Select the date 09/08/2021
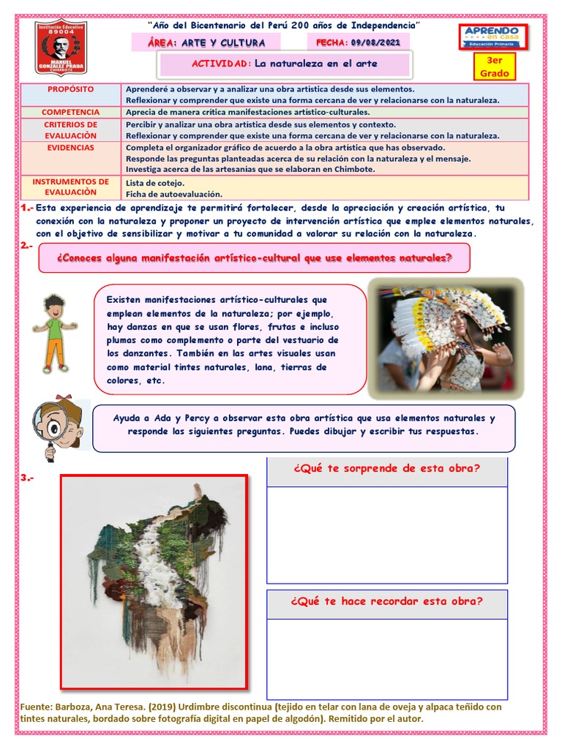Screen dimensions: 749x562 (x=376, y=43)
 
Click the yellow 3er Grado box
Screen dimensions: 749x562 (x=494, y=67)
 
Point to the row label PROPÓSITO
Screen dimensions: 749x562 (x=71, y=89)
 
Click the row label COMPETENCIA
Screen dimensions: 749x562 (x=71, y=113)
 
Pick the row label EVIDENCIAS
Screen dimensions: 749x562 (x=71, y=148)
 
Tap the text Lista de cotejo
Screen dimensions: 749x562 (x=155, y=182)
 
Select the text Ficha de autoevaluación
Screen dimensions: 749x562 (x=173, y=194)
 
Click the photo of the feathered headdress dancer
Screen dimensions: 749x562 (x=446, y=338)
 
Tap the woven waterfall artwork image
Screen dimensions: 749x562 (x=154, y=582)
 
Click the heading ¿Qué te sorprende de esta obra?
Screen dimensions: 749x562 (x=386, y=469)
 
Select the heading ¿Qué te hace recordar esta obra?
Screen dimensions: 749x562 (x=386, y=601)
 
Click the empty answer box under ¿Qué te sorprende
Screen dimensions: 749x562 (x=386, y=535)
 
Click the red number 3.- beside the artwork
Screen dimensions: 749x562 (x=28, y=478)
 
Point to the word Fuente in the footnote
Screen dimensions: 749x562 (x=37, y=707)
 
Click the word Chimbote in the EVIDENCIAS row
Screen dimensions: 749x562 (x=353, y=169)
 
